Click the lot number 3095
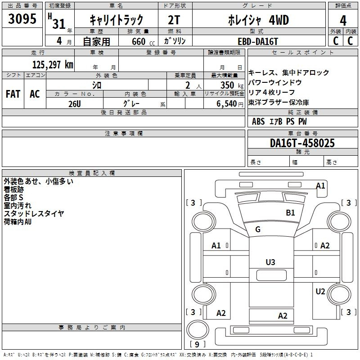tap(22, 18)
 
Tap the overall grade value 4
tap(343, 21)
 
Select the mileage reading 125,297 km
tap(53, 65)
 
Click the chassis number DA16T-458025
tap(302, 143)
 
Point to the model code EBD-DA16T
tap(258, 41)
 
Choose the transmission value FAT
tap(13, 94)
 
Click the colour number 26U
tap(75, 104)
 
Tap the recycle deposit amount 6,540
tap(226, 104)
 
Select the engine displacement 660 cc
tap(143, 41)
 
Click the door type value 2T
tap(174, 20)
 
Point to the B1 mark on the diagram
tap(290, 212)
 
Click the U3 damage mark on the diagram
tap(270, 262)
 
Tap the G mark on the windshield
tap(258, 229)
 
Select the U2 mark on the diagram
tap(320, 291)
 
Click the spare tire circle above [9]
tap(198, 329)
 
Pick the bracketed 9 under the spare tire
tap(197, 344)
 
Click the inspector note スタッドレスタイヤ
tap(34, 213)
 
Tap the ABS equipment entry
tap(258, 121)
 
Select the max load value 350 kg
tap(232, 85)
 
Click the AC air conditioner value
tap(35, 94)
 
